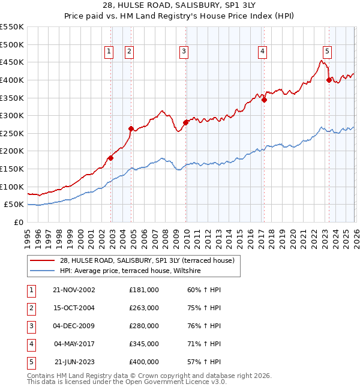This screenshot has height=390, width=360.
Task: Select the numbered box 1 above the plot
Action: point(109,52)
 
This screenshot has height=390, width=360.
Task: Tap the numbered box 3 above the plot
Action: point(184,52)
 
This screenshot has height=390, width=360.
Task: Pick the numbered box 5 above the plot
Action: point(327,52)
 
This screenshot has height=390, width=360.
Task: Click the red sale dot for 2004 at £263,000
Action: point(131,128)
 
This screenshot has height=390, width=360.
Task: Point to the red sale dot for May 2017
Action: point(264,100)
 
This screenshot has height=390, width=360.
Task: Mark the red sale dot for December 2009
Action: point(185,122)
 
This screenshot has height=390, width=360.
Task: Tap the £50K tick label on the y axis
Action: point(14,204)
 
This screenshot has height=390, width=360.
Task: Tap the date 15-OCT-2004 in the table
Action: point(74,307)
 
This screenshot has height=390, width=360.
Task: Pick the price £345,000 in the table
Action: point(144,344)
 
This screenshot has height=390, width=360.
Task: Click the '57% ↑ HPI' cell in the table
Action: point(203,362)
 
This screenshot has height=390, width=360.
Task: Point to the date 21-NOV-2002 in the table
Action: point(74,289)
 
